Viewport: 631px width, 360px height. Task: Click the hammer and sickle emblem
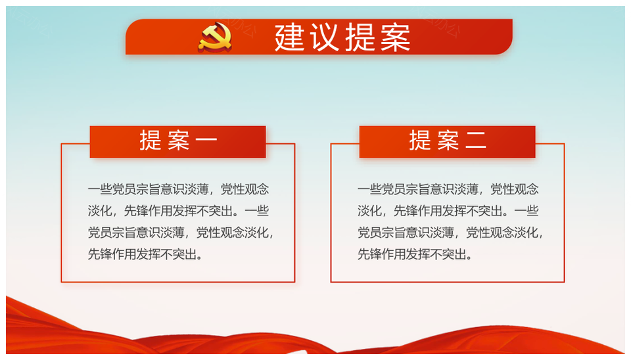(215, 37)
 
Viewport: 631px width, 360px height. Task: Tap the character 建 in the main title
(290, 37)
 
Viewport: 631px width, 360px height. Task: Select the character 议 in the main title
(325, 37)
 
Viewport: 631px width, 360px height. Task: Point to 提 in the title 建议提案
(360, 37)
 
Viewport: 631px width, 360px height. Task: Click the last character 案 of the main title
(396, 37)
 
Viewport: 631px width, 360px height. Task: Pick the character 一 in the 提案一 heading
(206, 141)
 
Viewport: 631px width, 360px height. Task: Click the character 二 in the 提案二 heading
(476, 141)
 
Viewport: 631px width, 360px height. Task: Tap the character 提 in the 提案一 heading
(151, 141)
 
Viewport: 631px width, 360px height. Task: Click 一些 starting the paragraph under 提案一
(100, 189)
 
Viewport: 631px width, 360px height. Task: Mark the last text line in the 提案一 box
(145, 254)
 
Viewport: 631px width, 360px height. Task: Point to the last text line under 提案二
(415, 254)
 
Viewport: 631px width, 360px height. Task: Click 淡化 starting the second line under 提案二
(369, 211)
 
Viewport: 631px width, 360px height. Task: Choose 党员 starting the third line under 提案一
(100, 233)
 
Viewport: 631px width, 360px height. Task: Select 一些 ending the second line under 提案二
(526, 211)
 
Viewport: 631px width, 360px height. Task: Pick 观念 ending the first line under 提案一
(257, 189)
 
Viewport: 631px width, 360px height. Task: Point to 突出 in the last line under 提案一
(184, 254)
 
